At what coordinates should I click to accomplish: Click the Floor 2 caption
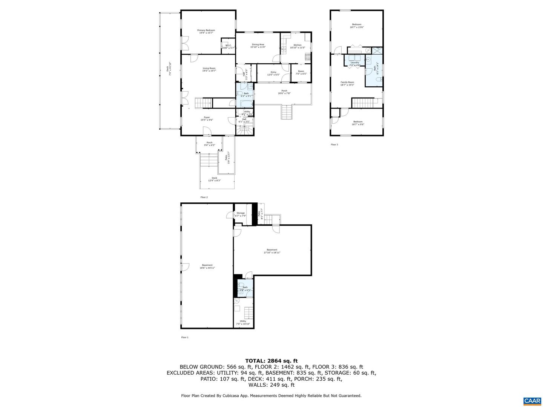point(204,197)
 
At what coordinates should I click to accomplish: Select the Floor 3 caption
point(334,144)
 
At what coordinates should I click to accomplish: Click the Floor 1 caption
point(185,337)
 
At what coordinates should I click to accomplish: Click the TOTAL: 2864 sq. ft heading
point(271,361)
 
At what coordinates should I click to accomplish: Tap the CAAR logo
point(532,401)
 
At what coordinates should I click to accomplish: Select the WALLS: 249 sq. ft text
point(271,385)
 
